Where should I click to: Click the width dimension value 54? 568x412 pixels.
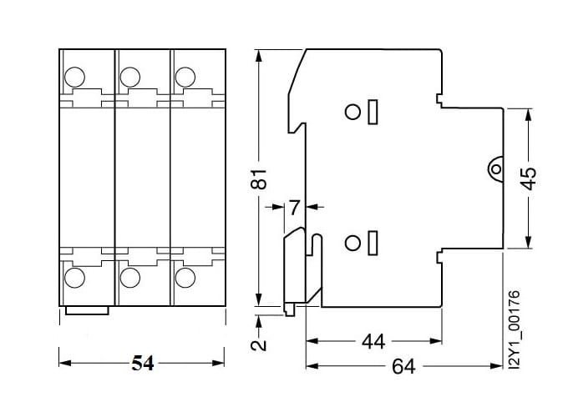143,364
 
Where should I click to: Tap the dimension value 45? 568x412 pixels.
528,178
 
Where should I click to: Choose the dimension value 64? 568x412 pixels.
405,365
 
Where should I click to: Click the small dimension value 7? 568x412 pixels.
293,206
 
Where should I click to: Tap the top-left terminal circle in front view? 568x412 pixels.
75,77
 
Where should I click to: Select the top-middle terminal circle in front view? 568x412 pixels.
129,77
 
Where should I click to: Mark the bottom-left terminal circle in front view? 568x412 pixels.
75,277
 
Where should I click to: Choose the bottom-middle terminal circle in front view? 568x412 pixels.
129,277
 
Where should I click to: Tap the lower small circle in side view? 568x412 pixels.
352,243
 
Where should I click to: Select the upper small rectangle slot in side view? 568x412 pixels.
373,111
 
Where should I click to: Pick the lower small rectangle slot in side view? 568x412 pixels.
373,243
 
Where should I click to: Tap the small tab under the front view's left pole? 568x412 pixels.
87,312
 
